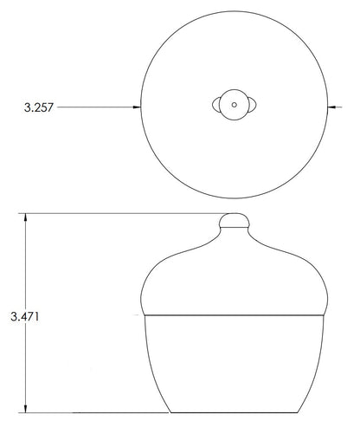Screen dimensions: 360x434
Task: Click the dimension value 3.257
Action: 39,107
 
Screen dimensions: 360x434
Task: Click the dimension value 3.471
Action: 25,316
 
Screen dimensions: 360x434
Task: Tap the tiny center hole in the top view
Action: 235,105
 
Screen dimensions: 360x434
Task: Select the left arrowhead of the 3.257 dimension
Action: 137,107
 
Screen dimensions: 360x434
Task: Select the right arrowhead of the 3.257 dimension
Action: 331,107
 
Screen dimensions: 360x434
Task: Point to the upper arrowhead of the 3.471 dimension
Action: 26,217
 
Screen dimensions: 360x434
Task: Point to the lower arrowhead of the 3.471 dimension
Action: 26,409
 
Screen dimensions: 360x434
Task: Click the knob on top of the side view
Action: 235,220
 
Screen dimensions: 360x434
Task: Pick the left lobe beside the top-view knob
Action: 215,105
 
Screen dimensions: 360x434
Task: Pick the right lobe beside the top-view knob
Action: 253,105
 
